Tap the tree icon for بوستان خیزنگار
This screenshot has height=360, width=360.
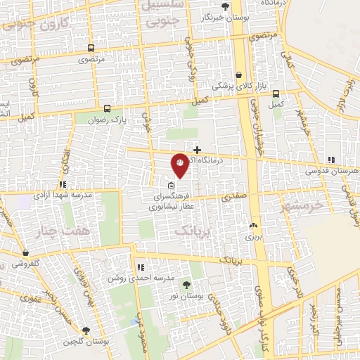224,6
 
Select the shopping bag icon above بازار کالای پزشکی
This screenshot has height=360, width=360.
239,74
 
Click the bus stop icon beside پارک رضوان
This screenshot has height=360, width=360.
107,109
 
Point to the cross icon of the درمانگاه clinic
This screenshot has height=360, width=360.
197,149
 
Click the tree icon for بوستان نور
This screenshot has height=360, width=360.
186,285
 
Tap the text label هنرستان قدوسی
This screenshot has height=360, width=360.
332,171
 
